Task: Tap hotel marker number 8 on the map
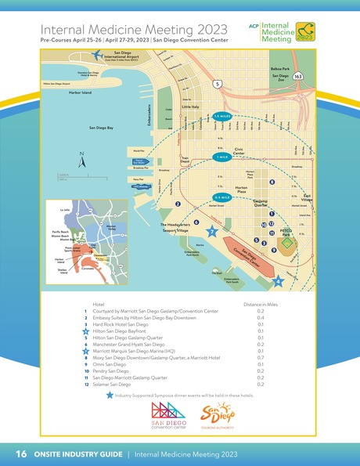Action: (272, 182)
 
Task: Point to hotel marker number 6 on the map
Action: (196, 222)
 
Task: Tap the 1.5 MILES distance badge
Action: (221, 116)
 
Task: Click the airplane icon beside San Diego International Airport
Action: (97, 55)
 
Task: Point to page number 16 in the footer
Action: (20, 453)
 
